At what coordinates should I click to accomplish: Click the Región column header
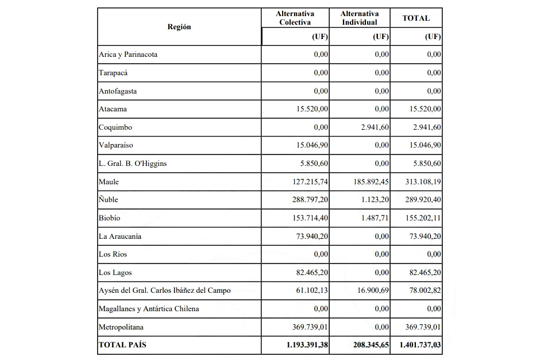tap(179, 27)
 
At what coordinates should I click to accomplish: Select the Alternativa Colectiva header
tap(295, 18)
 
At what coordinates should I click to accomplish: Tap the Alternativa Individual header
tap(359, 18)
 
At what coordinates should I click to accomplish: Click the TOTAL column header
tap(416, 18)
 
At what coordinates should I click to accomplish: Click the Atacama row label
tap(113, 109)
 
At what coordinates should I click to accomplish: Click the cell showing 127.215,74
tap(308, 182)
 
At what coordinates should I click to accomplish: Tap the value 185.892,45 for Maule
tap(369, 182)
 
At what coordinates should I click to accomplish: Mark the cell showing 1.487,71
tap(375, 218)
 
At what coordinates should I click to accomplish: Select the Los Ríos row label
tap(114, 254)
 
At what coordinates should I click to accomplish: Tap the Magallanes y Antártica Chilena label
tap(149, 309)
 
